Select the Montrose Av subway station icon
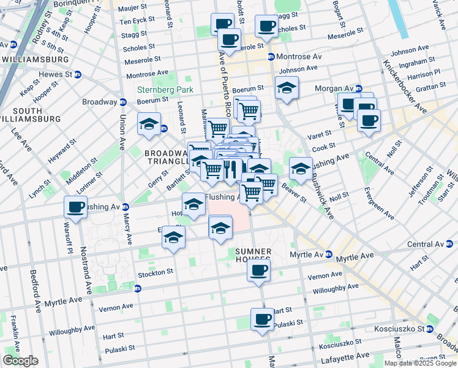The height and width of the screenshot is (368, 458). point(270,56)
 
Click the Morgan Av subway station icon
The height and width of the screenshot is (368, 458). point(359,88)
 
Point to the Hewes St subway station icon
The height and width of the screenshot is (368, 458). point(77,75)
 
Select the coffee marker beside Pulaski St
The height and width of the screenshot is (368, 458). point(262,319)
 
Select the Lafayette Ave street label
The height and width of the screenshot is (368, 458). point(347,356)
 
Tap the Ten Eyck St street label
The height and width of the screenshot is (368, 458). point(133,21)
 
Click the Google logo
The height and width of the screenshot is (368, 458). point(20,361)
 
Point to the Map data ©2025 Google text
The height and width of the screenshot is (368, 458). point(419,363)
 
